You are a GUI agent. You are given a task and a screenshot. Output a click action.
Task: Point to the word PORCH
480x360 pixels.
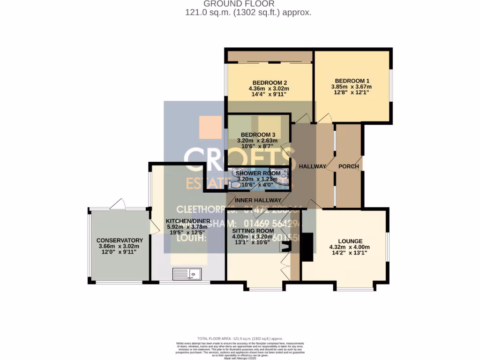click(x=349, y=166)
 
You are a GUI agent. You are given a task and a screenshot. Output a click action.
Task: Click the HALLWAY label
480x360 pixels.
click(x=313, y=166)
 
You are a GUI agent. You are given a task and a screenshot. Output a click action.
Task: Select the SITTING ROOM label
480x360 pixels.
click(x=253, y=231)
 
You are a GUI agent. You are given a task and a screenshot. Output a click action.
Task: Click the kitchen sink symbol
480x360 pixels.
click(x=187, y=273)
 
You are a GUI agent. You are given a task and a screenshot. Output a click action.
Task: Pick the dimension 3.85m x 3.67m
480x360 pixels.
click(x=351, y=87)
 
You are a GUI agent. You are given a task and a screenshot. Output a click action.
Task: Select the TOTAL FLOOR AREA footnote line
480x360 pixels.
click(x=240, y=338)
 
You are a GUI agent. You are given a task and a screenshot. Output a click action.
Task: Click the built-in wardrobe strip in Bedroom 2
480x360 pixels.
click(x=270, y=57)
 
